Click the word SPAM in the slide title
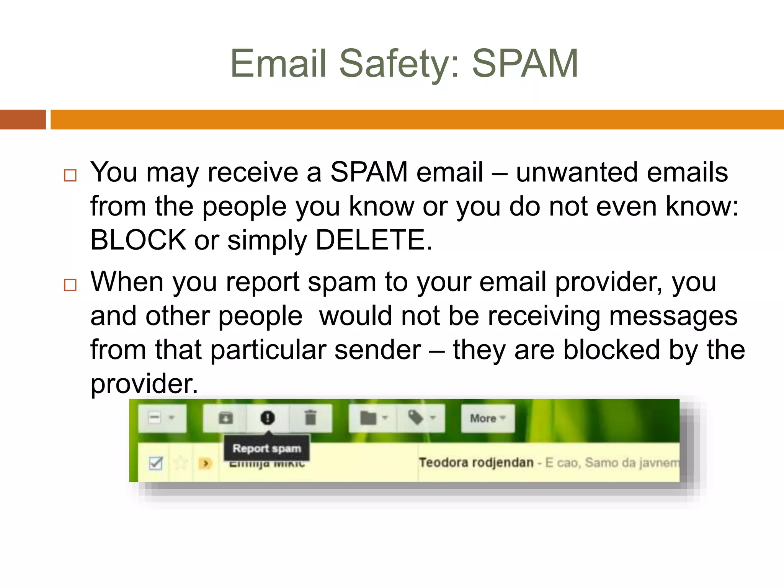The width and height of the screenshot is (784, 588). pos(525,64)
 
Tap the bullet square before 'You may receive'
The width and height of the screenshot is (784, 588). pos(70,175)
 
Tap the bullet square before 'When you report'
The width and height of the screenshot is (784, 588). pos(70,285)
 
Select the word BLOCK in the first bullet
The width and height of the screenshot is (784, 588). pos(138,240)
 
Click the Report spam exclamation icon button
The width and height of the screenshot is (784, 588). pos(268,418)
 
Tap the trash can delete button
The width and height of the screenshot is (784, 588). pos(310,418)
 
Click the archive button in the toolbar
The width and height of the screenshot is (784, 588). pos(225,418)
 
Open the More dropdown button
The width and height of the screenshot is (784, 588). pos(487,418)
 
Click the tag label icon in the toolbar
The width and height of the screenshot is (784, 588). pos(416,418)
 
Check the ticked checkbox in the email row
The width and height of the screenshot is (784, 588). pos(156,463)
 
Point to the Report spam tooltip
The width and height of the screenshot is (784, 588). pos(267,448)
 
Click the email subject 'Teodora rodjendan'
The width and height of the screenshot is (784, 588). pos(476,462)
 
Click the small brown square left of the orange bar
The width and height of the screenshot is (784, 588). pos(23,119)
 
